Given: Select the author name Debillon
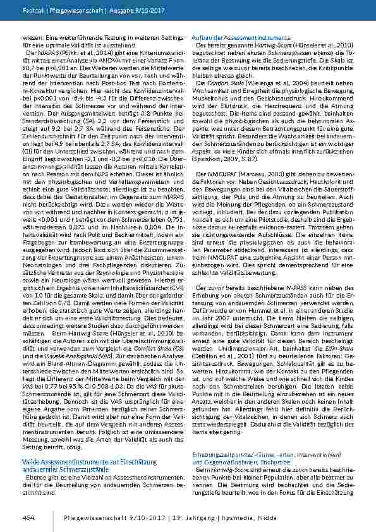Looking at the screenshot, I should pyautogui.click(x=212, y=355).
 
